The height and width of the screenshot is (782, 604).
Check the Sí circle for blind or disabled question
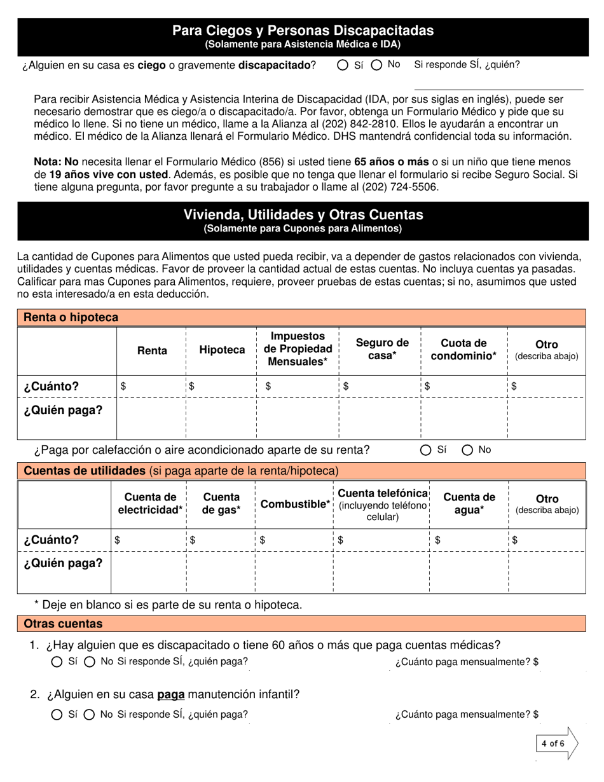click(x=343, y=65)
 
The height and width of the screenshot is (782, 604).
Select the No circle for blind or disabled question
click(x=377, y=65)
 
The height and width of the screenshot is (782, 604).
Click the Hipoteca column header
click(x=222, y=350)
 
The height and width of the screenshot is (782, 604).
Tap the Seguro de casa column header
click(x=381, y=349)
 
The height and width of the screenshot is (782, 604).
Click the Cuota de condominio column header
click(x=464, y=349)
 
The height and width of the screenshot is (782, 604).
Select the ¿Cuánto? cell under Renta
click(x=151, y=386)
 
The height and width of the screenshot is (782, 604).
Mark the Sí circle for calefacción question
click(x=426, y=450)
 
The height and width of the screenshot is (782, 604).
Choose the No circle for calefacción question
click(x=467, y=450)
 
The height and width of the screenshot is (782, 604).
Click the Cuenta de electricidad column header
click(x=150, y=504)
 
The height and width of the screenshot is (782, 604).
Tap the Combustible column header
click(x=295, y=504)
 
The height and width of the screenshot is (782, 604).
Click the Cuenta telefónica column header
click(x=382, y=504)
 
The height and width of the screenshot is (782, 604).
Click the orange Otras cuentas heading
click(x=63, y=624)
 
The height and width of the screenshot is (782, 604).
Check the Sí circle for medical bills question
click(x=57, y=662)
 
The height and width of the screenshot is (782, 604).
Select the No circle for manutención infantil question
click(x=90, y=715)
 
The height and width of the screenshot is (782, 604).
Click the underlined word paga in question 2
click(x=170, y=694)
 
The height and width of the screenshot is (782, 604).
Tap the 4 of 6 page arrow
click(x=556, y=743)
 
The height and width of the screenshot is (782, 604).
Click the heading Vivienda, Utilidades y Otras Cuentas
click(x=303, y=215)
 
